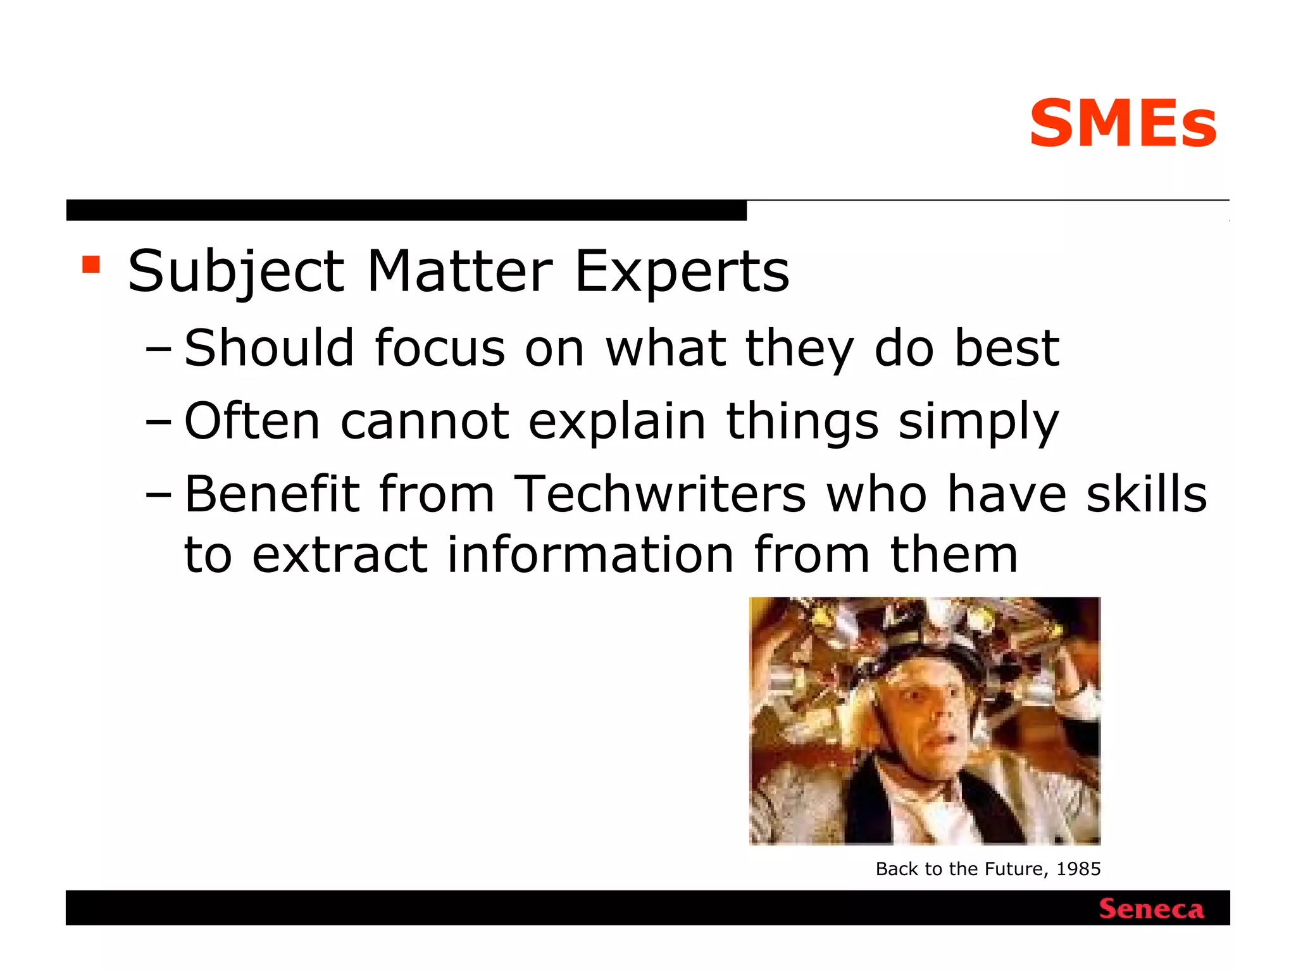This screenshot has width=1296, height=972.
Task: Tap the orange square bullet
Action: pos(91,264)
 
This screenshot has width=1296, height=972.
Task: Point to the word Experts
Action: pos(682,272)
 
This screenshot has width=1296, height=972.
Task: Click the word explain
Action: pos(617,421)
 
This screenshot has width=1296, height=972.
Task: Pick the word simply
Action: pos(978,423)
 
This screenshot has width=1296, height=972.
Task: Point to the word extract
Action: pos(340,554)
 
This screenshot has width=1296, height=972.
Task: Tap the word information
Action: pos(590,554)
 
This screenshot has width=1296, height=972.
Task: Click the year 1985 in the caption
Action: pos(1078,869)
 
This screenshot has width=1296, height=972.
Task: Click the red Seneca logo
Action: pos(1151,909)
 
